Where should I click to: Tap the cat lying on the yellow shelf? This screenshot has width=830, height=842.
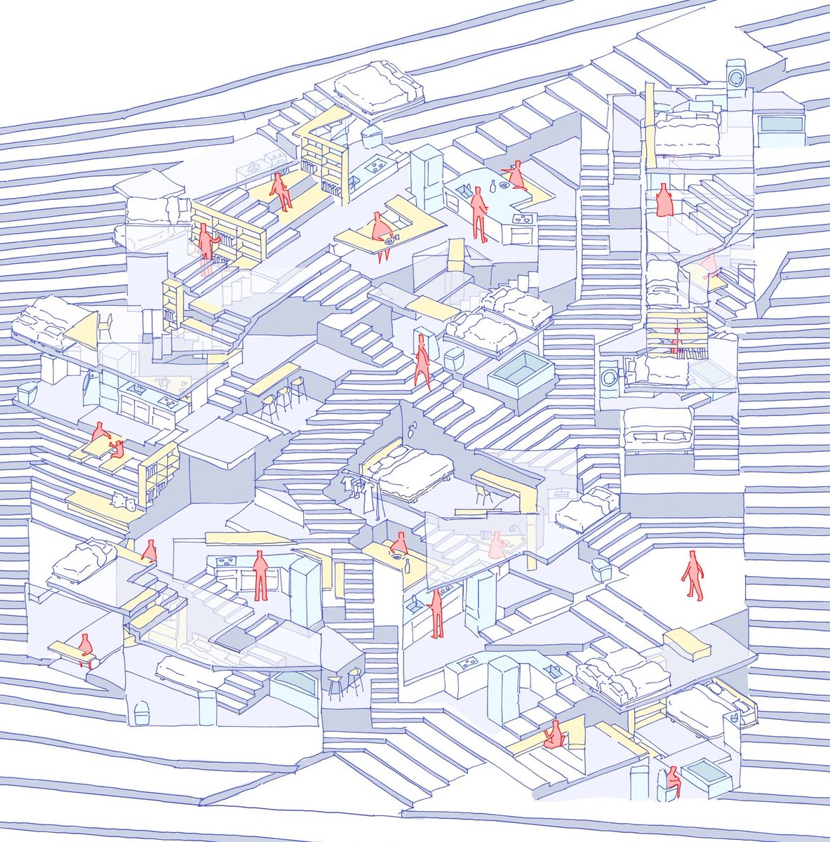coord(123,501)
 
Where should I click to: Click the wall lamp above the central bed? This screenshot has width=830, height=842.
coord(412,427)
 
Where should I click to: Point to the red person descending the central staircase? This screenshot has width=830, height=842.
coord(422,361)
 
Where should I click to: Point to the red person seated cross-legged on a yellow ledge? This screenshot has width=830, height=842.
coord(518,175)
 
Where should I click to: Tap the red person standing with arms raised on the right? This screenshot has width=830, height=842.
coord(664,201)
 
